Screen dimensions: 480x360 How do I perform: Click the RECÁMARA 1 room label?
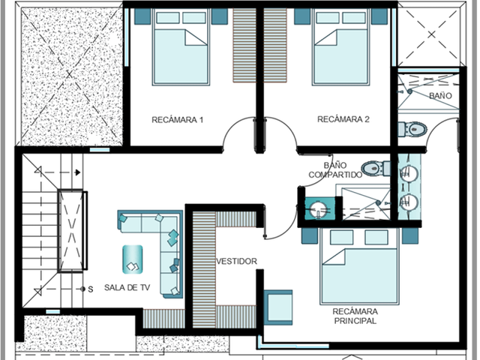pyautogui.click(x=178, y=119)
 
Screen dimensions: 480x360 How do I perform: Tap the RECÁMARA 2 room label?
pyautogui.click(x=343, y=119)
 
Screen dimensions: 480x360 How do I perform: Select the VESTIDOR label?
pyautogui.click(x=237, y=261)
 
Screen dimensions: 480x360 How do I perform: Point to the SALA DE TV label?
pyautogui.click(x=127, y=287)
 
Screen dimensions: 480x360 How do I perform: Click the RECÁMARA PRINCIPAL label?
pyautogui.click(x=355, y=316)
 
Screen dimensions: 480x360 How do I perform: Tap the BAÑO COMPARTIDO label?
pyautogui.click(x=335, y=170)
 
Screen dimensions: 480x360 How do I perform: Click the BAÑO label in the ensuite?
pyautogui.click(x=440, y=96)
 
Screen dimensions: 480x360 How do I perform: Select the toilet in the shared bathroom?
pyautogui.click(x=376, y=168)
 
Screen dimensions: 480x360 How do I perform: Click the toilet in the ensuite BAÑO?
pyautogui.click(x=412, y=130)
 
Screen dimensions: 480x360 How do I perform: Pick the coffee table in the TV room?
pyautogui.click(x=133, y=259)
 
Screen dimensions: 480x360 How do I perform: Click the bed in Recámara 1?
pyautogui.click(x=181, y=46)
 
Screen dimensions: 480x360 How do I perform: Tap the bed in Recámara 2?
pyautogui.click(x=340, y=46)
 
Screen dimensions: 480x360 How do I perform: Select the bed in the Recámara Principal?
pyautogui.click(x=359, y=266)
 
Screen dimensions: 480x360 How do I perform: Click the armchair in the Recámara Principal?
pyautogui.click(x=278, y=307)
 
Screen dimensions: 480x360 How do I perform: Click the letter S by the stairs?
pyautogui.click(x=91, y=289)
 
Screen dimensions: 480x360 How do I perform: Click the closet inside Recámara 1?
pyautogui.click(x=244, y=45)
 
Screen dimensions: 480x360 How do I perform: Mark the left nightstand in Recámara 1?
pyautogui.click(x=142, y=16)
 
